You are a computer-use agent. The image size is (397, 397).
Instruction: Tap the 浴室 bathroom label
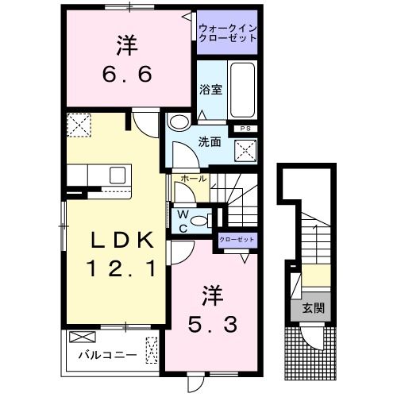pos(211,90)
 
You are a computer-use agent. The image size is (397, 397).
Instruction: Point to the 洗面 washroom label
pos(209,144)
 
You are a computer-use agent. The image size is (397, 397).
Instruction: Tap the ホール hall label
pos(195,179)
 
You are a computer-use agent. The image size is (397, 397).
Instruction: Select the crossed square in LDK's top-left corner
pos(79,125)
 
